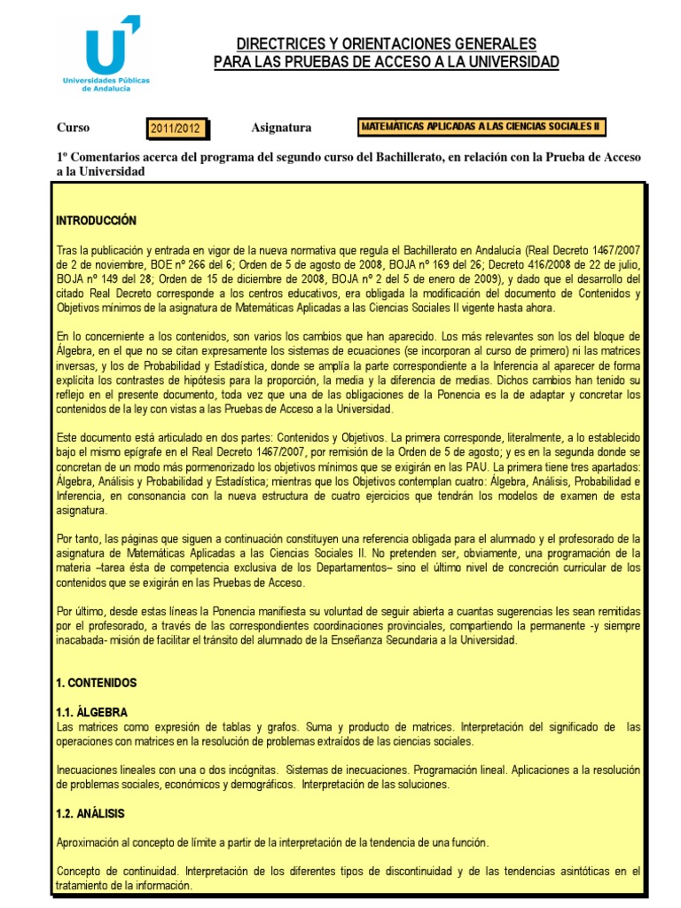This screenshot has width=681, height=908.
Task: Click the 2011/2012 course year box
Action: point(176,129)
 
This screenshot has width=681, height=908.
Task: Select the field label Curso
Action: point(73,128)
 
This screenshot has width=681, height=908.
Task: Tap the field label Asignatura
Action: point(281,128)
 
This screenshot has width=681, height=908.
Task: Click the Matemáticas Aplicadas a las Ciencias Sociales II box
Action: point(481,127)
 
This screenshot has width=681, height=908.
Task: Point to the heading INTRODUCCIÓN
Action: point(96,220)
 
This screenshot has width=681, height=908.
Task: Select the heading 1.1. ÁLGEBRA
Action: point(91,712)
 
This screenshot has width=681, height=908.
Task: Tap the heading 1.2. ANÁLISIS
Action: point(90,813)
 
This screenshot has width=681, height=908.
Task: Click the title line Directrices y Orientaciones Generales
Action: point(386,43)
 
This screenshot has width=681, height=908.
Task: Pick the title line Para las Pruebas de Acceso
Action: point(386,61)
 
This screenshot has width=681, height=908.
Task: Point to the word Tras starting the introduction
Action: point(67,249)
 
